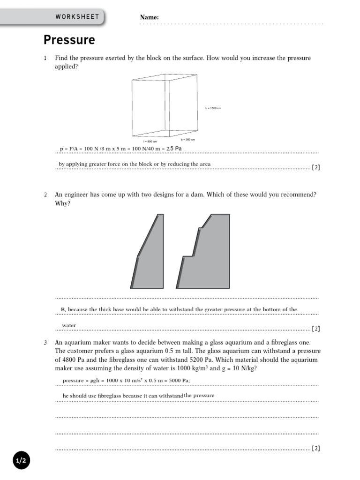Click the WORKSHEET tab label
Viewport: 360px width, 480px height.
coord(77,17)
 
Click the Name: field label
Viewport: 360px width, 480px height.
coord(149,17)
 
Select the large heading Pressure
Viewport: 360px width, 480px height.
coord(69,40)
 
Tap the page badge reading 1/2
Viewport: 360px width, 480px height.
coord(21,461)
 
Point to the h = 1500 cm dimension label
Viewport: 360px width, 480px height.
coord(213,108)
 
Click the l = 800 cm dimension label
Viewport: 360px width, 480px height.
coord(150,141)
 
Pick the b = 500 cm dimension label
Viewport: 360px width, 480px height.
coord(187,139)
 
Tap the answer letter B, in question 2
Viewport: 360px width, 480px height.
coord(64,309)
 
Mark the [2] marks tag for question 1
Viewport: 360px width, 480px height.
coord(316,167)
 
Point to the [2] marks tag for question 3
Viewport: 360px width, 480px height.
coord(316,448)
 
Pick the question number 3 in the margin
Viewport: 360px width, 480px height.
coord(45,343)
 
